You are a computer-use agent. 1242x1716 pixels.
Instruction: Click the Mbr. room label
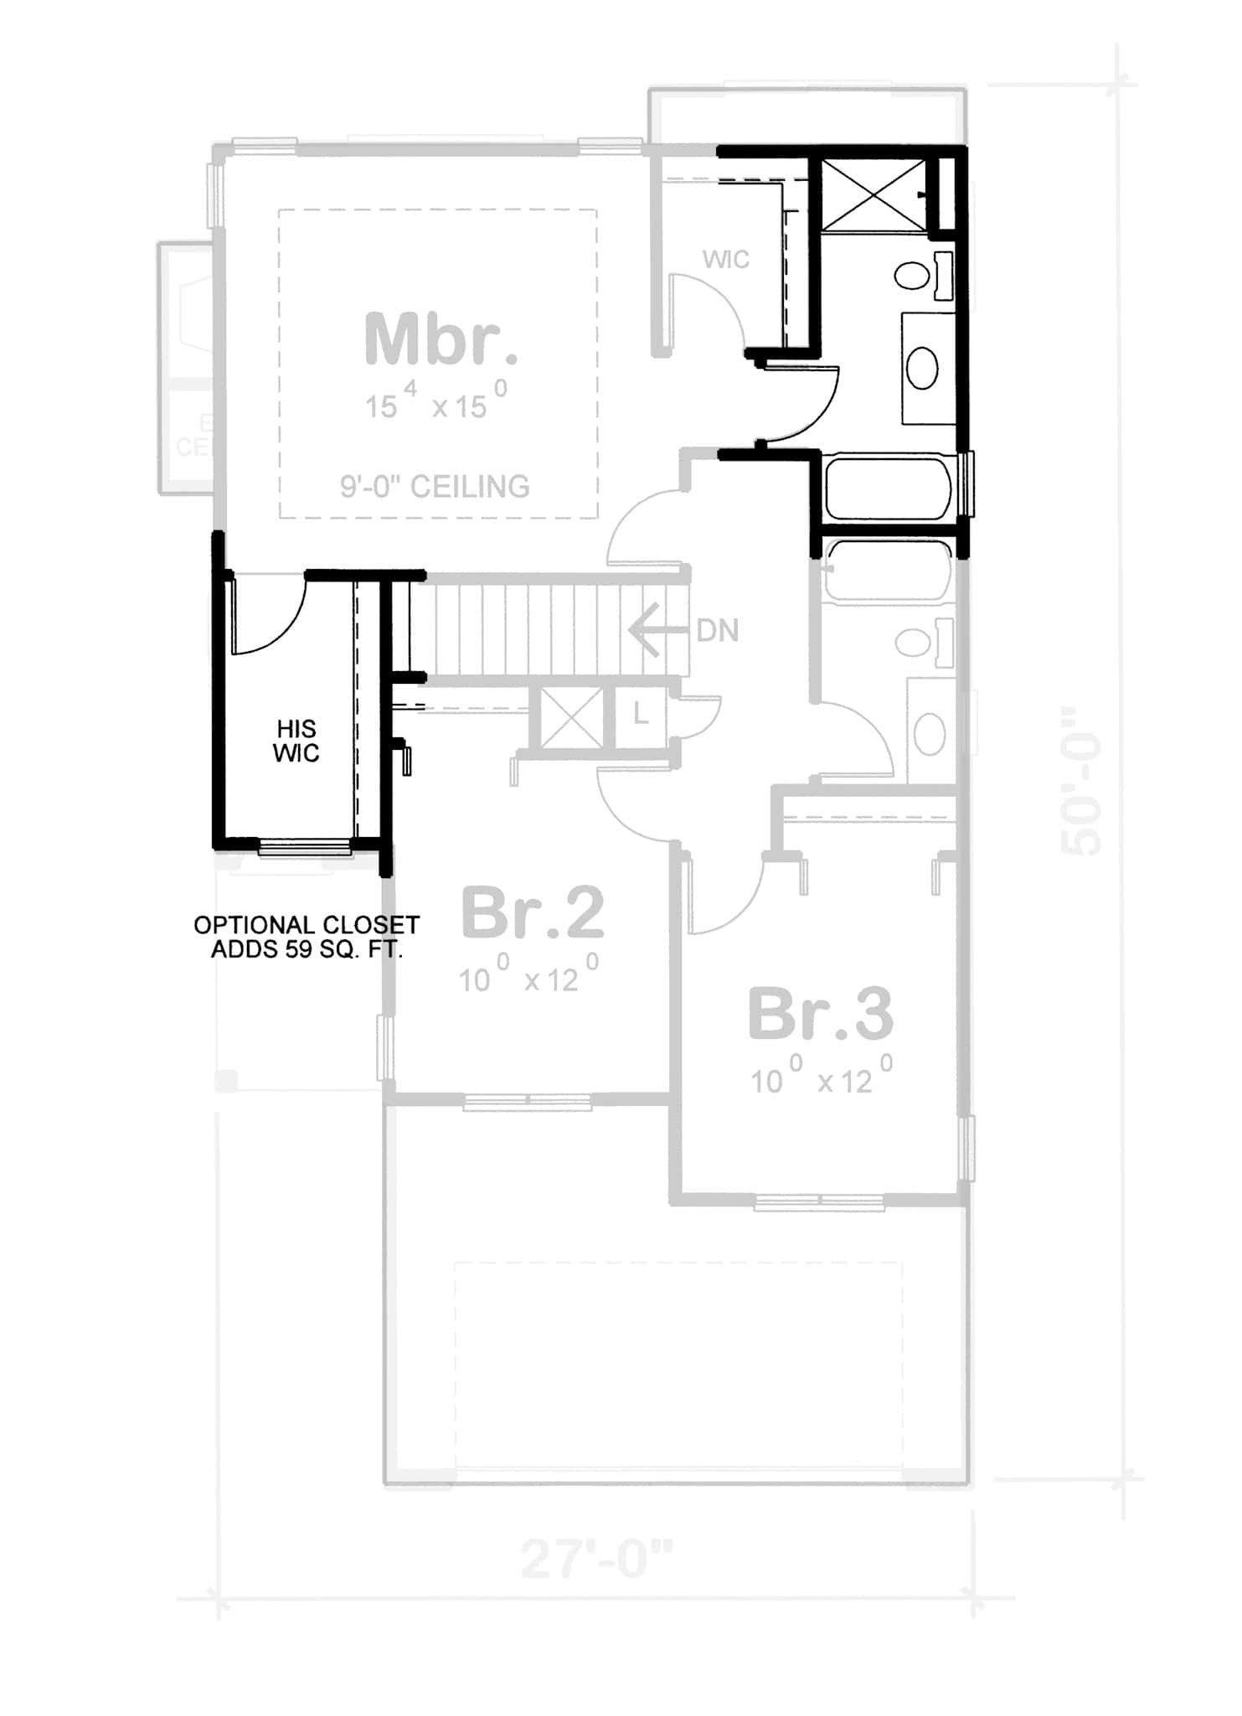(441, 339)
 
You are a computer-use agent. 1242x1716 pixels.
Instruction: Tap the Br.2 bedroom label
(533, 914)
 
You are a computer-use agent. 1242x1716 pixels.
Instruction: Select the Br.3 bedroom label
(821, 1015)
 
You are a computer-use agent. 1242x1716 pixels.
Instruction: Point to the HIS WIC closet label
(296, 741)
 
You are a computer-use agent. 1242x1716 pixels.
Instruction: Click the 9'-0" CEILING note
(435, 486)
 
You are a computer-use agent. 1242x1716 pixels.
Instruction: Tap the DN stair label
(718, 631)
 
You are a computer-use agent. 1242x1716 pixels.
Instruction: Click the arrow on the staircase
(653, 630)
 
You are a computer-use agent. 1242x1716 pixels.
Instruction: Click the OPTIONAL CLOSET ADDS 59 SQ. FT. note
(307, 937)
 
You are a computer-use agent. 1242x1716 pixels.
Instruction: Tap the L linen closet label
(641, 716)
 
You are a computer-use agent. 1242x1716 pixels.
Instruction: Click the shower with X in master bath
(873, 194)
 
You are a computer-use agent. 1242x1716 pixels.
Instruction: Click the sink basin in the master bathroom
(922, 368)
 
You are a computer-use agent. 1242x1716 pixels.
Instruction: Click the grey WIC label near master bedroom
(726, 260)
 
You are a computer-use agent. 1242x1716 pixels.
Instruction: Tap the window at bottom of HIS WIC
(304, 848)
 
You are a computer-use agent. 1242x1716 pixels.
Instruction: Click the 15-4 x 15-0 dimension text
(435, 402)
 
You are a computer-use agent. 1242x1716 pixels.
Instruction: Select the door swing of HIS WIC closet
(268, 616)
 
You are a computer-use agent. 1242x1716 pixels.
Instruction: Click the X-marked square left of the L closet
(572, 718)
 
